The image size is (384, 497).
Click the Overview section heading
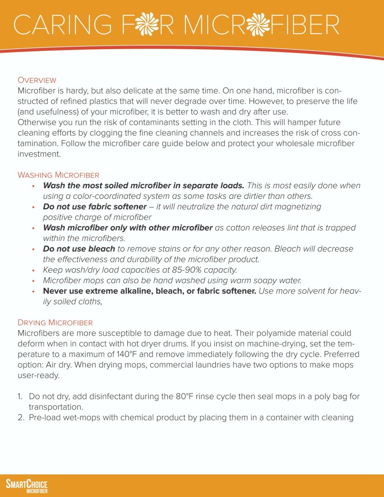click(37, 80)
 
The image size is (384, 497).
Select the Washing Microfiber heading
click(58, 175)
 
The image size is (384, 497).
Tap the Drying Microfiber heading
click(55, 322)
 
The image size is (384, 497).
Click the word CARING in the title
click(62, 25)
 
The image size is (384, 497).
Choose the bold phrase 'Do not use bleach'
click(79, 249)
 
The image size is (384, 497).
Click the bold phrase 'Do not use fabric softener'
click(95, 207)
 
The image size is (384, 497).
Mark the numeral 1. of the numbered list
click(20, 397)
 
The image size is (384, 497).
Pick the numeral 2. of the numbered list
click(21, 418)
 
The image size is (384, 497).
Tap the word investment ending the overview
click(39, 154)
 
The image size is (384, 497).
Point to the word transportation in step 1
click(56, 407)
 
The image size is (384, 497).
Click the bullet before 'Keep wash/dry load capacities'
click(34, 271)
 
